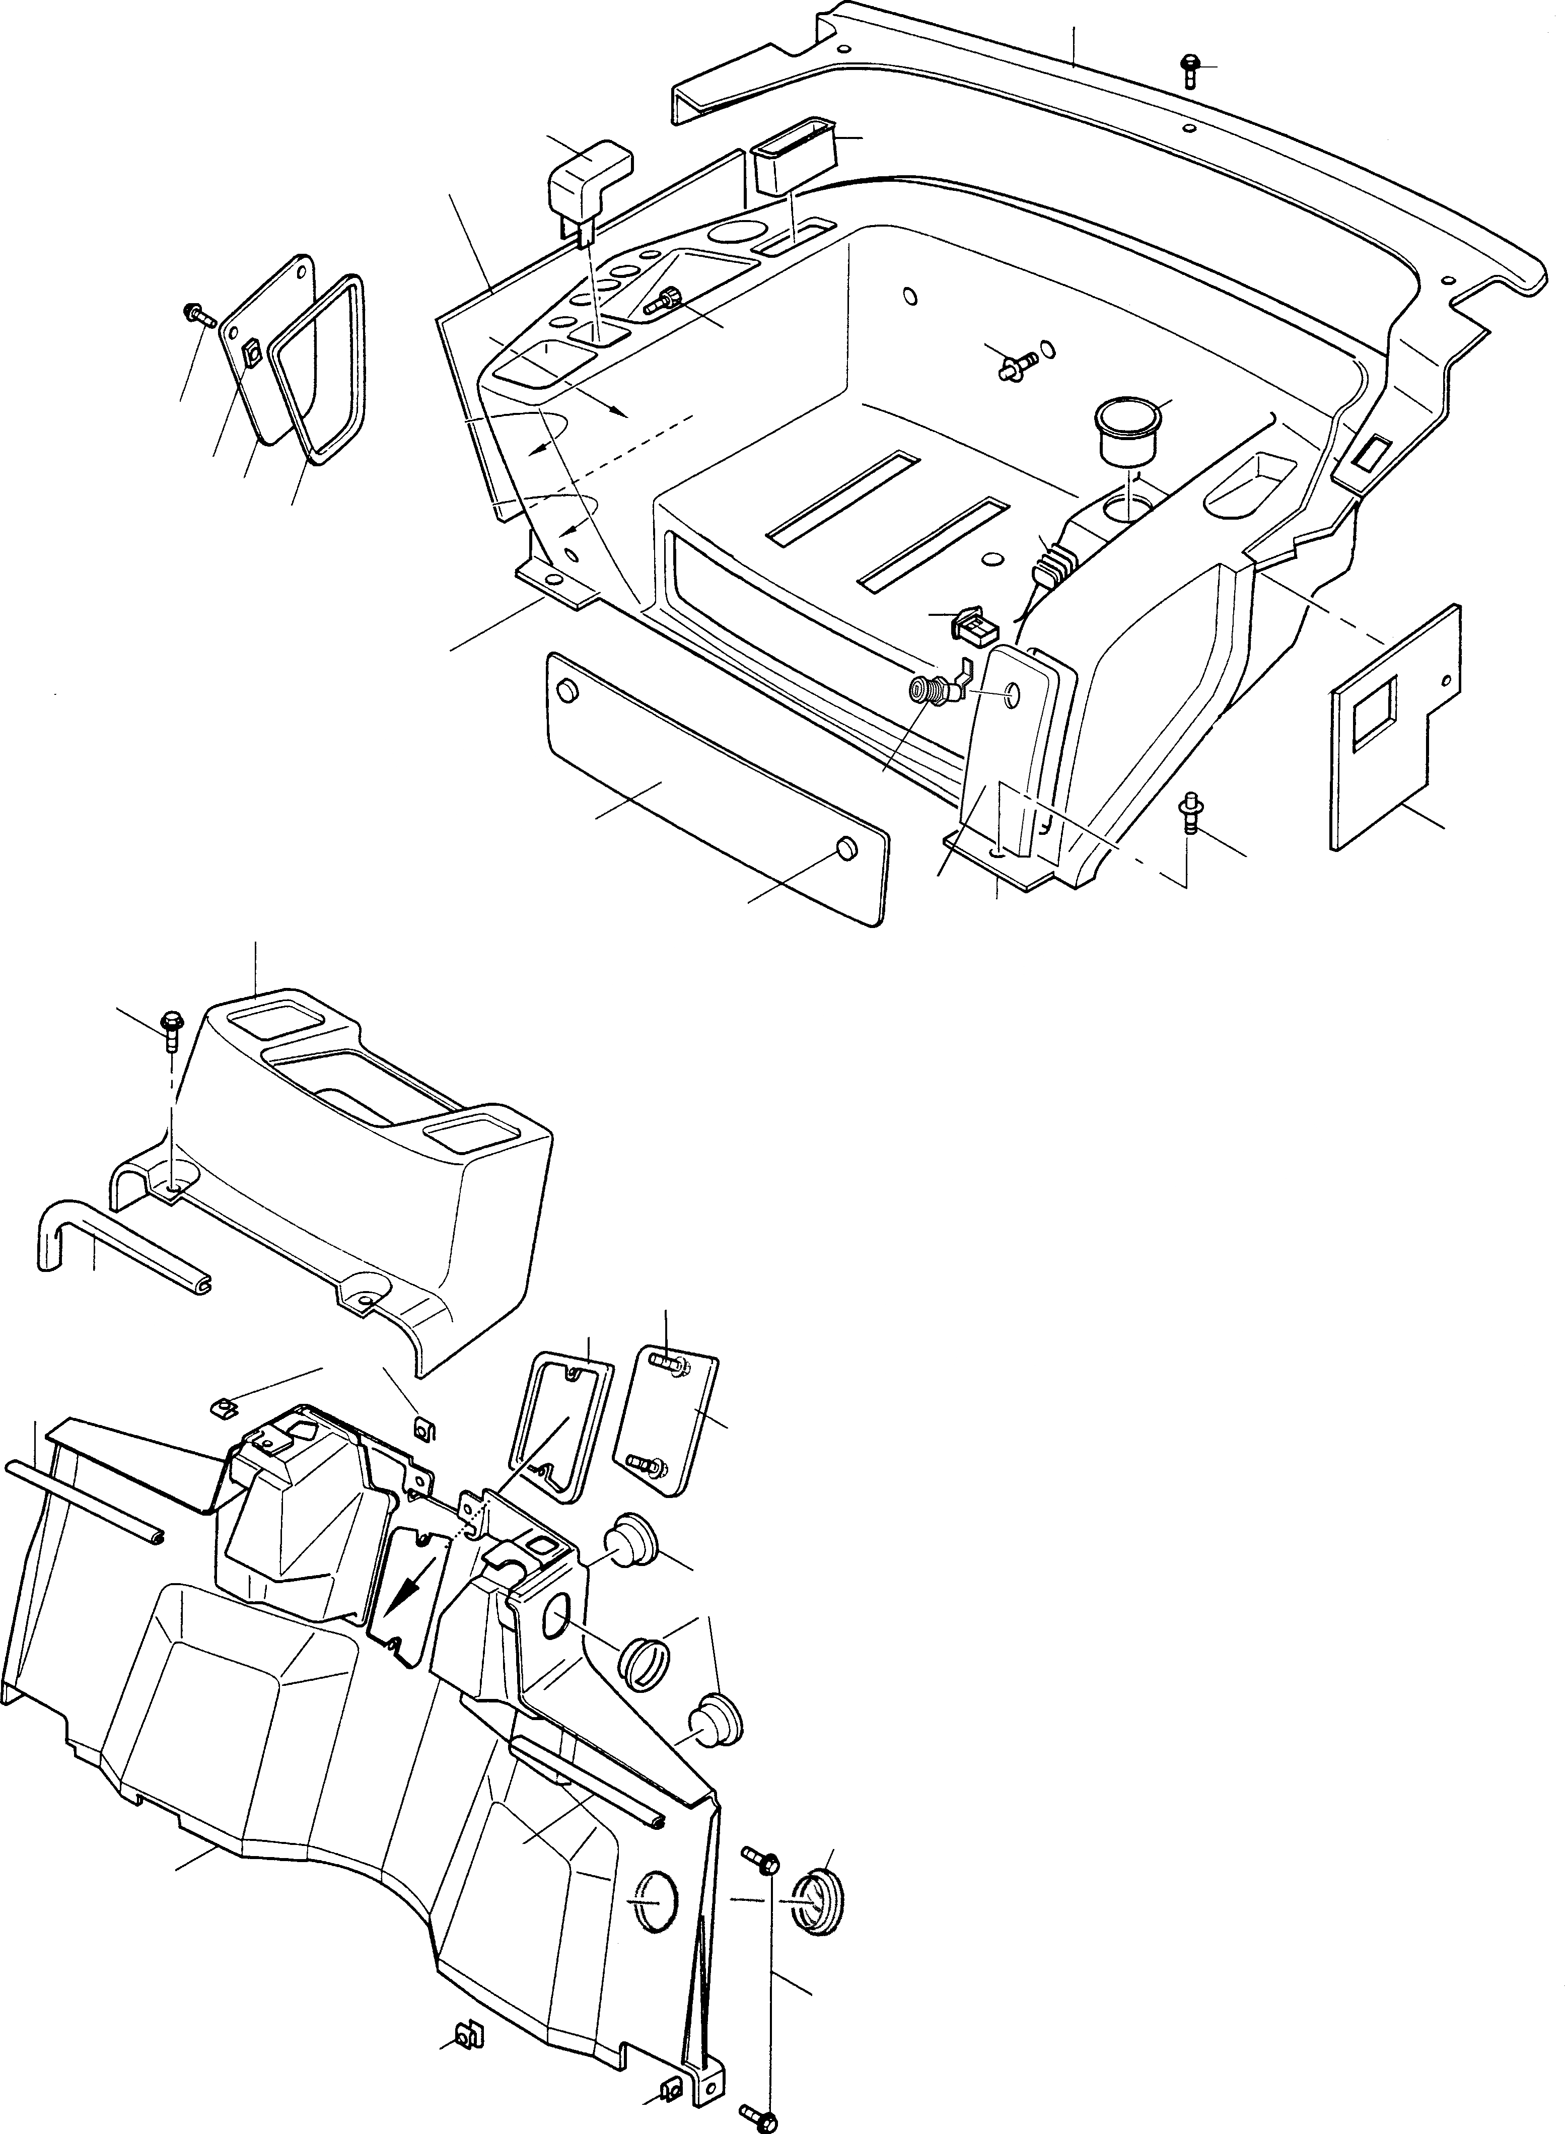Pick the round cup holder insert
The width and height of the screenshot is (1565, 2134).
point(1128,429)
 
